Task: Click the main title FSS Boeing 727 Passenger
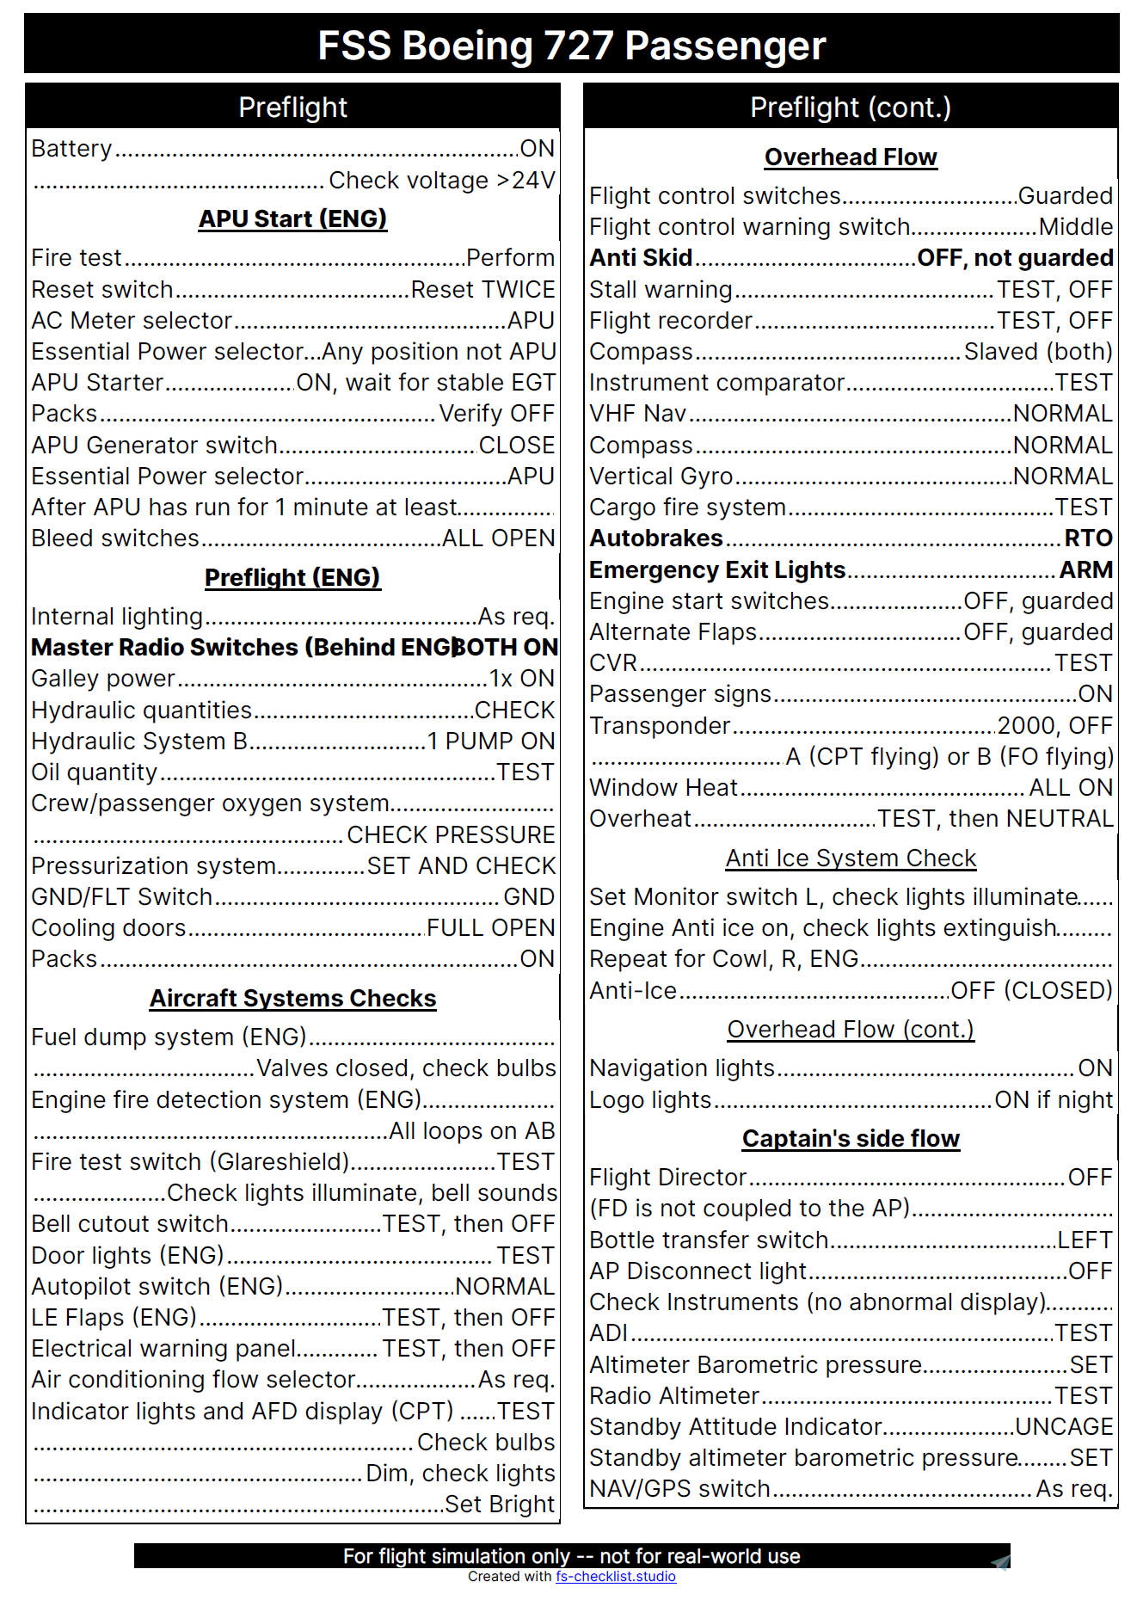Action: coord(571,45)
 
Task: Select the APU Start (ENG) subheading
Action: coord(292,218)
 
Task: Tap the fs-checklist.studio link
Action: coord(615,1576)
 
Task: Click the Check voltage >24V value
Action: coord(441,181)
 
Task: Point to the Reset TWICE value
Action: coord(482,289)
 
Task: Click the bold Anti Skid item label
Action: coord(641,258)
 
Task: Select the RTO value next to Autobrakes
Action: coord(1088,538)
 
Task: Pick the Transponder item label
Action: coord(660,725)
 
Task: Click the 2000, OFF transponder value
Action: coord(1054,725)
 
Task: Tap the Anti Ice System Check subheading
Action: coord(851,858)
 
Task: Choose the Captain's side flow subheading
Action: coord(851,1138)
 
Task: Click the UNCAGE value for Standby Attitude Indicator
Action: coord(1064,1426)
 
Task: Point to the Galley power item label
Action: coord(103,678)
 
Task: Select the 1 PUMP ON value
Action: coord(491,741)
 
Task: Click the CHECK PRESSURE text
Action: coord(451,834)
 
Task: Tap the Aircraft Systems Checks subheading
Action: coord(292,998)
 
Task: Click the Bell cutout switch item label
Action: coord(130,1223)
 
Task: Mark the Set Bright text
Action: coord(499,1504)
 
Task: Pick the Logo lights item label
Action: coord(650,1099)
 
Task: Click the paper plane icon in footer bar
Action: coord(999,1563)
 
